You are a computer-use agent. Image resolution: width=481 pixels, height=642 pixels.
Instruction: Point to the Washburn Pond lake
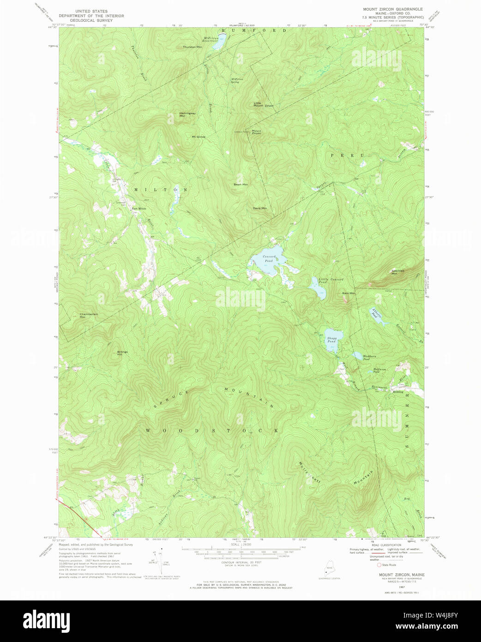pyautogui.click(x=357, y=356)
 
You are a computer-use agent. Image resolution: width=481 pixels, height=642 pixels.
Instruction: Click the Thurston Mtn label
pyautogui.click(x=192, y=47)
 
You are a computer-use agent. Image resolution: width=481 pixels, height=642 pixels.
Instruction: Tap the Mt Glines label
pyautogui.click(x=198, y=137)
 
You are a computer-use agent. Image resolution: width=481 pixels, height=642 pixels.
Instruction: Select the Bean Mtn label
pyautogui.click(x=240, y=184)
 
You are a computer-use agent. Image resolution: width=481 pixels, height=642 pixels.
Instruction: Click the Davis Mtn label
pyautogui.click(x=259, y=208)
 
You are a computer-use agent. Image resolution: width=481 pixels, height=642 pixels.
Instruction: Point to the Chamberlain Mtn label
pyautogui.click(x=88, y=316)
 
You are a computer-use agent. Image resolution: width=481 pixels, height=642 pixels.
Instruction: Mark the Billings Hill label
pyautogui.click(x=122, y=353)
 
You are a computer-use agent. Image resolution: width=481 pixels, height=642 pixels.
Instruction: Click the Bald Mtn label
pyautogui.click(x=349, y=293)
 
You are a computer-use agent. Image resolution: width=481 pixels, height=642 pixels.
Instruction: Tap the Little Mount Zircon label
pyautogui.click(x=263, y=104)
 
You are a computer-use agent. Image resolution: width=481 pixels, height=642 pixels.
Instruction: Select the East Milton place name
pyautogui.click(x=138, y=209)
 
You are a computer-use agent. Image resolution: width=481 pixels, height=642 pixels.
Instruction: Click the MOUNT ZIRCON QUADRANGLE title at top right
pyautogui.click(x=392, y=9)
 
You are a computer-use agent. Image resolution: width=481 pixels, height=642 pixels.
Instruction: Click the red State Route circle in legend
pyautogui.click(x=379, y=564)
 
